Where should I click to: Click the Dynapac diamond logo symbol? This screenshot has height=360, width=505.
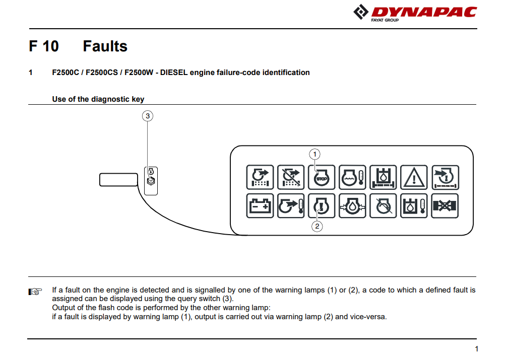(361, 12)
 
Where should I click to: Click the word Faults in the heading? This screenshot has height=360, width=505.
(105, 46)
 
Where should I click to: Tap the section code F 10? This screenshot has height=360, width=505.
(44, 46)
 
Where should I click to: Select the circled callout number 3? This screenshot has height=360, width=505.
(148, 116)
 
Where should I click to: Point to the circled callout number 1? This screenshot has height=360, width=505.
(314, 154)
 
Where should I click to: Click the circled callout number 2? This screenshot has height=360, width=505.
(317, 226)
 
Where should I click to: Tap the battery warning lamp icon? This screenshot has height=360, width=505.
(260, 206)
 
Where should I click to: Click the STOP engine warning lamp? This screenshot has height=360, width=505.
(322, 177)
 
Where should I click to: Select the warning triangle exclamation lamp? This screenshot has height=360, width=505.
(414, 177)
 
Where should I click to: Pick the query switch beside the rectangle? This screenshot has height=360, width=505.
(151, 181)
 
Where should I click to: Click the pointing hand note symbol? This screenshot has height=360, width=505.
(35, 292)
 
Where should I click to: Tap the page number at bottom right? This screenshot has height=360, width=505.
(476, 349)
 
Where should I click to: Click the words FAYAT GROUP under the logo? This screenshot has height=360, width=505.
(385, 20)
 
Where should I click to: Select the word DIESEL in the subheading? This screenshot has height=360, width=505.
(174, 73)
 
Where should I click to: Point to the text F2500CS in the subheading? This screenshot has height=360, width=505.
(102, 73)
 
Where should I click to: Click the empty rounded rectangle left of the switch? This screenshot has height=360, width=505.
(118, 180)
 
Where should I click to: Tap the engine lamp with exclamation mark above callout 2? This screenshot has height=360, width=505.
(322, 206)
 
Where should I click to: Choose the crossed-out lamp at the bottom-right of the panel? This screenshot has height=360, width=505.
(445, 206)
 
